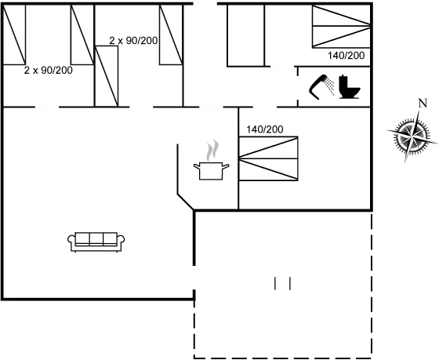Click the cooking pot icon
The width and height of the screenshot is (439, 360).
[209, 170]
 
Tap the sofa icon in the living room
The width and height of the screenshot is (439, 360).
[97, 242]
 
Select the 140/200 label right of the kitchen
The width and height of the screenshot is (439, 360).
[263, 129]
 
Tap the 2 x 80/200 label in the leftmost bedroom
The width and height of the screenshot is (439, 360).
[49, 70]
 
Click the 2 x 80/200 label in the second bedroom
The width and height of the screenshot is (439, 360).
[132, 39]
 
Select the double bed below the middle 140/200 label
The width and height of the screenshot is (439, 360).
[269, 159]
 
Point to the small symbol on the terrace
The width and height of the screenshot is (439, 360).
[283, 284]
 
